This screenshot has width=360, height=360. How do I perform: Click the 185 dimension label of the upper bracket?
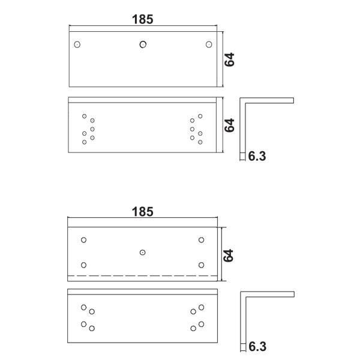click(143, 19)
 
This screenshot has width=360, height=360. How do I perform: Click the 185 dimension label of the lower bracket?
click(143, 212)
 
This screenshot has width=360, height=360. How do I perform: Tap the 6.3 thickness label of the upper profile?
click(257, 156)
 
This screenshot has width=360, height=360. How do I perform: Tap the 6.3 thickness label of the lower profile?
click(257, 346)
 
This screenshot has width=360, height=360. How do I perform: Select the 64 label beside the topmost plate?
click(229, 59)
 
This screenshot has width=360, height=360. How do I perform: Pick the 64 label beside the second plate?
click(229, 125)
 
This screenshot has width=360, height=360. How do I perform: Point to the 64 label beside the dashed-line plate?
click(229, 256)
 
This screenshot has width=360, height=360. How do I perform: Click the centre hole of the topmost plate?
click(143, 44)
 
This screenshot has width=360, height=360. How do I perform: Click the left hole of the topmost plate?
click(77, 44)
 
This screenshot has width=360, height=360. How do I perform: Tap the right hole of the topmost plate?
click(209, 44)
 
